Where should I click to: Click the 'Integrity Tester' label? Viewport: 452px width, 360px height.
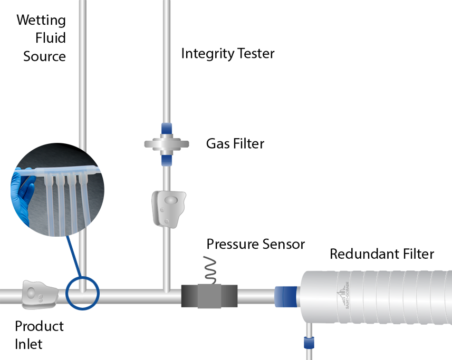[x=228, y=54]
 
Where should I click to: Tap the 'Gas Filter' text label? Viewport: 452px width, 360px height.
[x=235, y=143]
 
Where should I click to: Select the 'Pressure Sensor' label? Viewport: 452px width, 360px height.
[x=256, y=244]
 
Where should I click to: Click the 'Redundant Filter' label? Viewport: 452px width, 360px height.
[x=382, y=254]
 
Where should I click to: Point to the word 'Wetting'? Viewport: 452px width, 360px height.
[x=41, y=21]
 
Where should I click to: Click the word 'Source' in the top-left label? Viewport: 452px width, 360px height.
[x=45, y=56]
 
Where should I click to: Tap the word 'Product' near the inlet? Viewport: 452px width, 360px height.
[x=39, y=326]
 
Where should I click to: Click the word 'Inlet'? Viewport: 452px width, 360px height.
[x=28, y=344]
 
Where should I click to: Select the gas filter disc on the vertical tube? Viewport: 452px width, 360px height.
[x=166, y=143]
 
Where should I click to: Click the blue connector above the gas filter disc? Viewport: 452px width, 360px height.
[x=166, y=129]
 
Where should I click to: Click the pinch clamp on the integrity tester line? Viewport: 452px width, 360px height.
[x=168, y=208]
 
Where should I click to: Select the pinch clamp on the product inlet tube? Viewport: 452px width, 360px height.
[x=39, y=294]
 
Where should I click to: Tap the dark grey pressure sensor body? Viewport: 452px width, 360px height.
[x=209, y=296]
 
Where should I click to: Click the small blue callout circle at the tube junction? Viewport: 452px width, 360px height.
[x=82, y=291]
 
